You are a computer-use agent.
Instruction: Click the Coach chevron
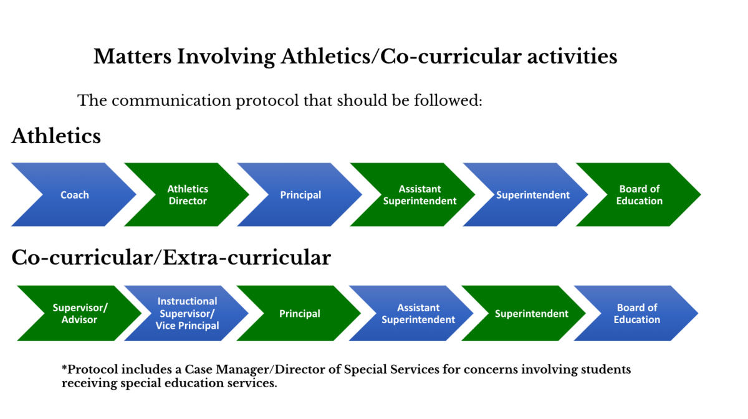74,194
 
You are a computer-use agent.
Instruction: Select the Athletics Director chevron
188,194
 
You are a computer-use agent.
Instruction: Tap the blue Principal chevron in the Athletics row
300,194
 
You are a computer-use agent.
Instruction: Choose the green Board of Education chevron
639,194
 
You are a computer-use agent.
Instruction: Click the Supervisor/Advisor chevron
80,313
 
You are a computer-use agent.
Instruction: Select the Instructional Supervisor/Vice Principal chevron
187,313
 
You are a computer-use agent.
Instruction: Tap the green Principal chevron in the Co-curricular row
300,313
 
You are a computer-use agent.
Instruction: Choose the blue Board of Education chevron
636,313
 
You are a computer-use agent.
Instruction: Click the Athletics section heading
56,136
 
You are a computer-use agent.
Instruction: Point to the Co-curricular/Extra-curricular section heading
171,258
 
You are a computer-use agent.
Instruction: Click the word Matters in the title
132,56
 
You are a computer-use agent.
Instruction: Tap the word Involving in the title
226,57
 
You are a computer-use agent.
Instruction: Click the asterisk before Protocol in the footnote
64,367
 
